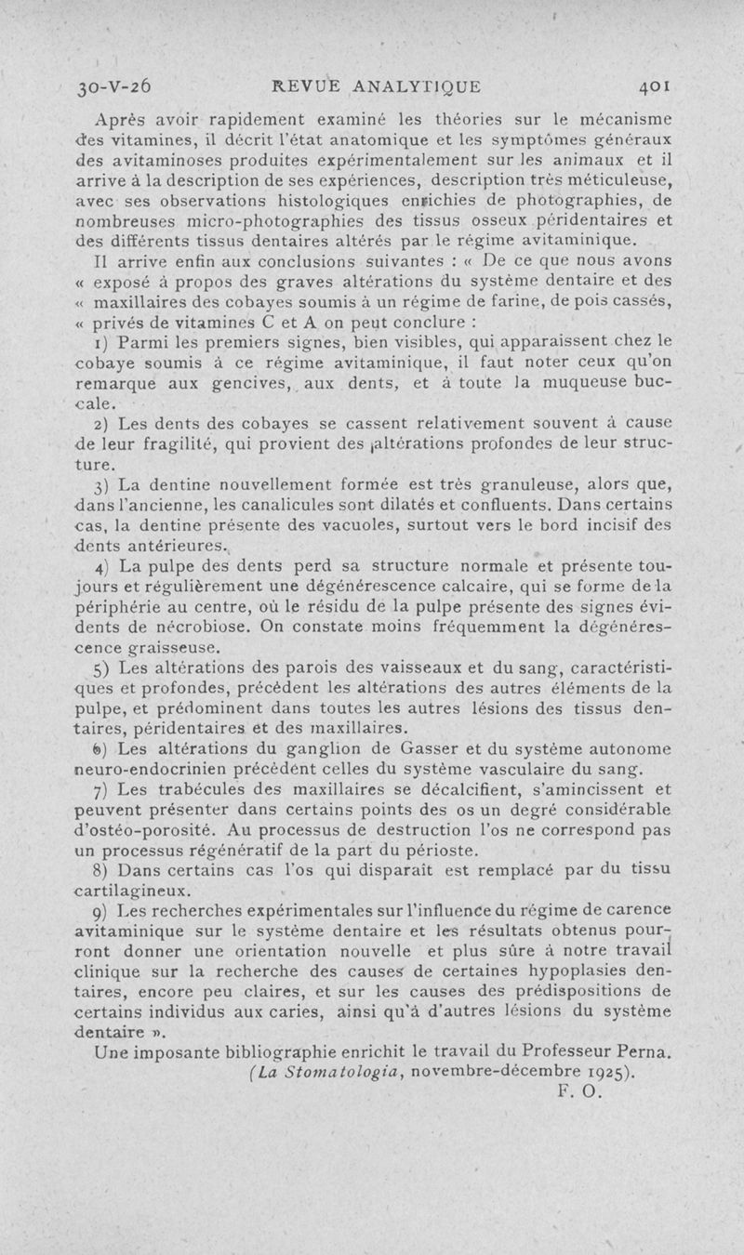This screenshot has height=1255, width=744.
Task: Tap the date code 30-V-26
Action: pos(116,89)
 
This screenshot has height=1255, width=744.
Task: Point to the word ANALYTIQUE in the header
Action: pos(418,89)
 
